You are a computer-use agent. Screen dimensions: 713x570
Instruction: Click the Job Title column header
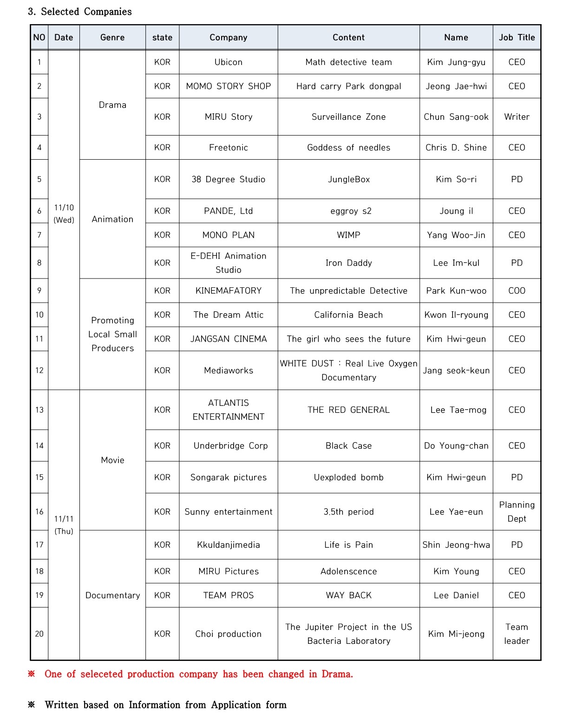pos(517,38)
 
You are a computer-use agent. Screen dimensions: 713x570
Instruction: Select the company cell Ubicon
pos(228,62)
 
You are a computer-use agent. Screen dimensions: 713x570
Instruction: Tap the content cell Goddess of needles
pos(348,148)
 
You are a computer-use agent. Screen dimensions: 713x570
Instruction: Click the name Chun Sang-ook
pos(456,117)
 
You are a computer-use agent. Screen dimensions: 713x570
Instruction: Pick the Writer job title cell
pos(517,117)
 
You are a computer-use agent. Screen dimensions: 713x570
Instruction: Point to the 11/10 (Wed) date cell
pos(64,214)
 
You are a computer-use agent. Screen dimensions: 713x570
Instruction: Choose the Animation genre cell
pos(112,219)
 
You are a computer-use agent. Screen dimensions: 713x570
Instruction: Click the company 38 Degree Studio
pos(228,179)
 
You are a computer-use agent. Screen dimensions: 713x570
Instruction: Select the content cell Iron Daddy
pos(348,263)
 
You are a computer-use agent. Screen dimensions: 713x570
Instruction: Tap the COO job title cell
pos(517,291)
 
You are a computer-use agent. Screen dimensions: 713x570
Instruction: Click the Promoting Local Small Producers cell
pos(112,334)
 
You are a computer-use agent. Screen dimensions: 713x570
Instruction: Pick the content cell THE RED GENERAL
pos(348,410)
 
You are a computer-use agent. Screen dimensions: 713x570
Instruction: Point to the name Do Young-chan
pos(456,446)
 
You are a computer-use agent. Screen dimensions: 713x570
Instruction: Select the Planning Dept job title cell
pos(517,512)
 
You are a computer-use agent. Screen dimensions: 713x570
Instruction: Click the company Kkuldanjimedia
pos(228,545)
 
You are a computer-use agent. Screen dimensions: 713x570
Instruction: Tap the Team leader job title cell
pos(517,634)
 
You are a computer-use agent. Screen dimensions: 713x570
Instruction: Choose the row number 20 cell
pos(39,634)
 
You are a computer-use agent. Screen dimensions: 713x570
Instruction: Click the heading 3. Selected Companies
pos(80,12)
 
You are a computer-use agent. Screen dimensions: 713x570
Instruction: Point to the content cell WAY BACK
pos(348,595)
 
